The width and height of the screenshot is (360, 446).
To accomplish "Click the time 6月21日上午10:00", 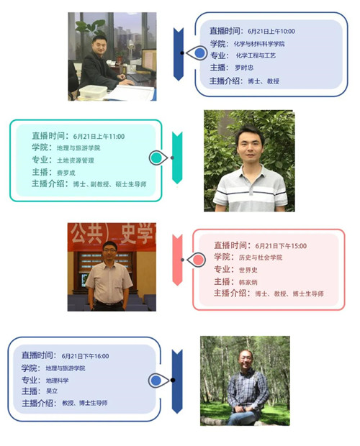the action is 271,31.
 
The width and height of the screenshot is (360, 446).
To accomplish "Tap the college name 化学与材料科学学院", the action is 259,44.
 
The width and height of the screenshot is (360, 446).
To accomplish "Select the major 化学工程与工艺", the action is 256,55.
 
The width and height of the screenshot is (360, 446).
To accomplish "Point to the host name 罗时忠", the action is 244,68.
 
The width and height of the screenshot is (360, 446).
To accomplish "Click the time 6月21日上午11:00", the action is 99,136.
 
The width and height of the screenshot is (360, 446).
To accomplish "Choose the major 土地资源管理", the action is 76,160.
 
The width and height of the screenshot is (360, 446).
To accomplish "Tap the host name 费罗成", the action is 66,173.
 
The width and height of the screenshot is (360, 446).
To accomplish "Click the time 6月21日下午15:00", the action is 281,246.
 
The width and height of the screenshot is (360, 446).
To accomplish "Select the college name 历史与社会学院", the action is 261,258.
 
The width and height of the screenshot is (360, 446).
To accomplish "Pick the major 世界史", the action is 248,270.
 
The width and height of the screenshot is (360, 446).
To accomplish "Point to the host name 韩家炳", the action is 248,282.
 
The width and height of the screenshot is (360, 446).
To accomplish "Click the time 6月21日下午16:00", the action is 85,356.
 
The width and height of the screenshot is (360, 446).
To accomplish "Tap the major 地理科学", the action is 57,381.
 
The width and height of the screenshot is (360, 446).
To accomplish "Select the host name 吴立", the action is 52,391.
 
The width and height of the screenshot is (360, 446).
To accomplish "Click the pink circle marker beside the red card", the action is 198,260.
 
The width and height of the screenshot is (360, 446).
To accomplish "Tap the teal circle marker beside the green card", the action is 156,158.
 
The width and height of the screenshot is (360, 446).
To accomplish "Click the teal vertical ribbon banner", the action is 177,158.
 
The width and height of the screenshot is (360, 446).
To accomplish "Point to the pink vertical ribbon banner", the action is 177,260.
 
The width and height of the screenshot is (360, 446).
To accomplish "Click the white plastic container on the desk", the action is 93,91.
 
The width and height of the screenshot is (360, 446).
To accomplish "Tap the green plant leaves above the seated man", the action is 90,27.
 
